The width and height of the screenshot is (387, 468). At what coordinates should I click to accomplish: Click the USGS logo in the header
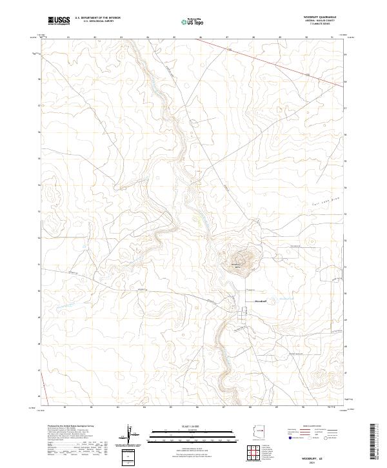59,21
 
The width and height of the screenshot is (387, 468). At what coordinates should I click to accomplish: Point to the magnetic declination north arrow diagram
132,435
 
